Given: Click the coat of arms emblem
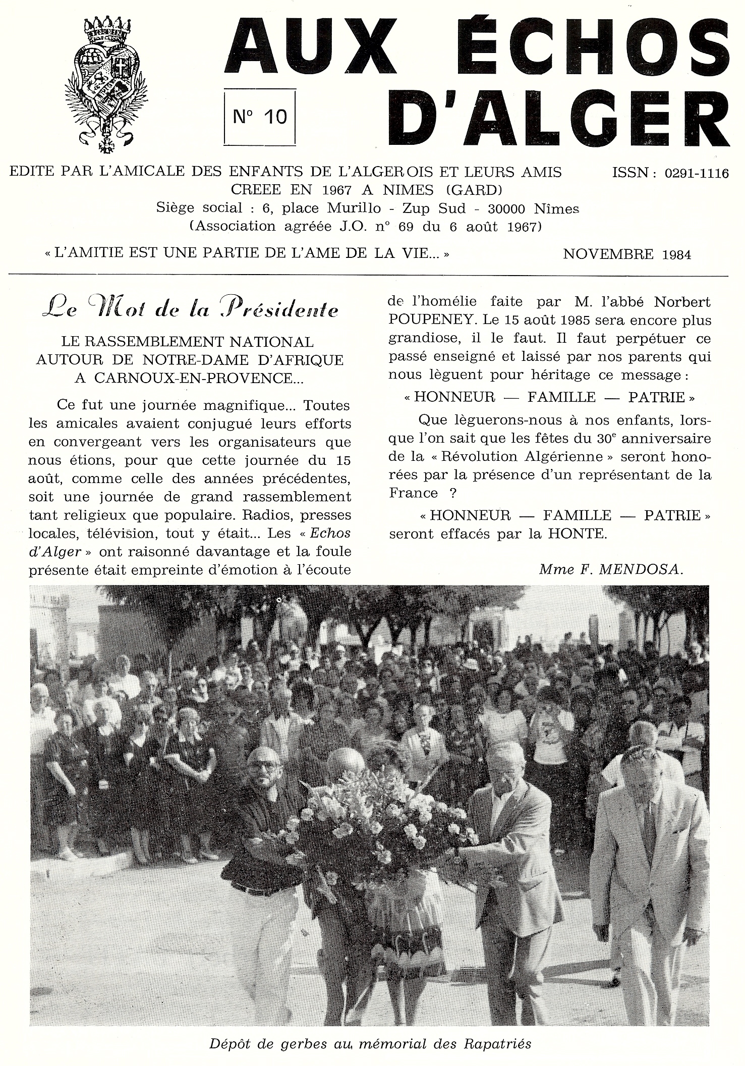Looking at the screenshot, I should point(106,84).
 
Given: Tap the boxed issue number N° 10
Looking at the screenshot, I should point(259,117).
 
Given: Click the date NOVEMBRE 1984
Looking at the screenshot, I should point(626,254).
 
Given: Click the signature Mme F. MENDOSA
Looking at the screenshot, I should point(611,570).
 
